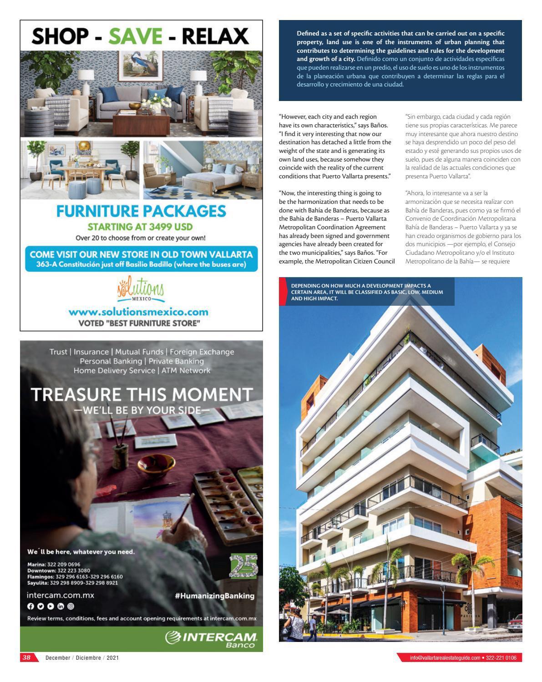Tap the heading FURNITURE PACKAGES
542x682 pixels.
[x=141, y=211]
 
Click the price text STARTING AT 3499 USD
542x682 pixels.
[x=140, y=227]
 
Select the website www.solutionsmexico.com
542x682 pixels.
[x=138, y=312]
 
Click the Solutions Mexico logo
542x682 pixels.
[x=140, y=290]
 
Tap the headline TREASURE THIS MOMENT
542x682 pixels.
[x=141, y=394]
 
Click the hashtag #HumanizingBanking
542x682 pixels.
[x=214, y=596]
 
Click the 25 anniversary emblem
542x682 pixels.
[x=243, y=566]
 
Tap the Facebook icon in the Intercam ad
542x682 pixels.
[x=30, y=606]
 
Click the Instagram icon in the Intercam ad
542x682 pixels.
[x=71, y=606]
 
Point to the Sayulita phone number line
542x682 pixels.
[x=72, y=583]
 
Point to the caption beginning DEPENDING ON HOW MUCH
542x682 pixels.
[x=367, y=292]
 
